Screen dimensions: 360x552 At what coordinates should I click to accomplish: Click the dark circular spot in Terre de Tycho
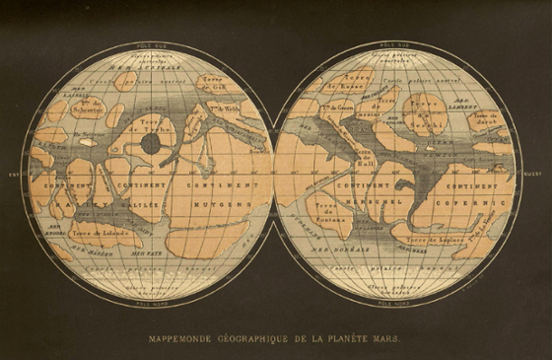(151, 145)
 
